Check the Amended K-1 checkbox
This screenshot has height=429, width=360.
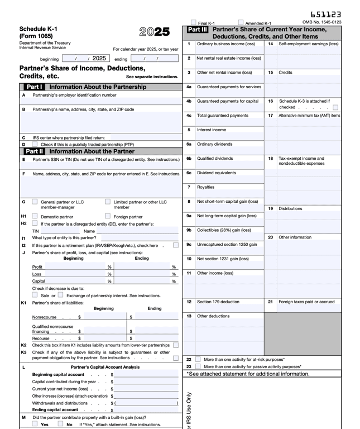(241, 23)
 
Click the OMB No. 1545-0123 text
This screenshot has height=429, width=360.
(321, 22)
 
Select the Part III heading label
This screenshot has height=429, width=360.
(198, 29)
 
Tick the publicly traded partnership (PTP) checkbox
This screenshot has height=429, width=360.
(35, 144)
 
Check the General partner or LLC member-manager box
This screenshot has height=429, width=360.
(35, 202)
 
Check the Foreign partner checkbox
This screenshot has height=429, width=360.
(107, 216)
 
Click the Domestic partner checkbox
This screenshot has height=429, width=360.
(35, 216)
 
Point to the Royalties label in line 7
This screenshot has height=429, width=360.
(205, 187)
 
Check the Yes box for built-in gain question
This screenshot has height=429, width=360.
(35, 424)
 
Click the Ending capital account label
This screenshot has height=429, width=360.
(55, 409)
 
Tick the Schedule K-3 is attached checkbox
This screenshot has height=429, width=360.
(335, 107)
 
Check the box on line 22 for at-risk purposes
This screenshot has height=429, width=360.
(198, 359)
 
